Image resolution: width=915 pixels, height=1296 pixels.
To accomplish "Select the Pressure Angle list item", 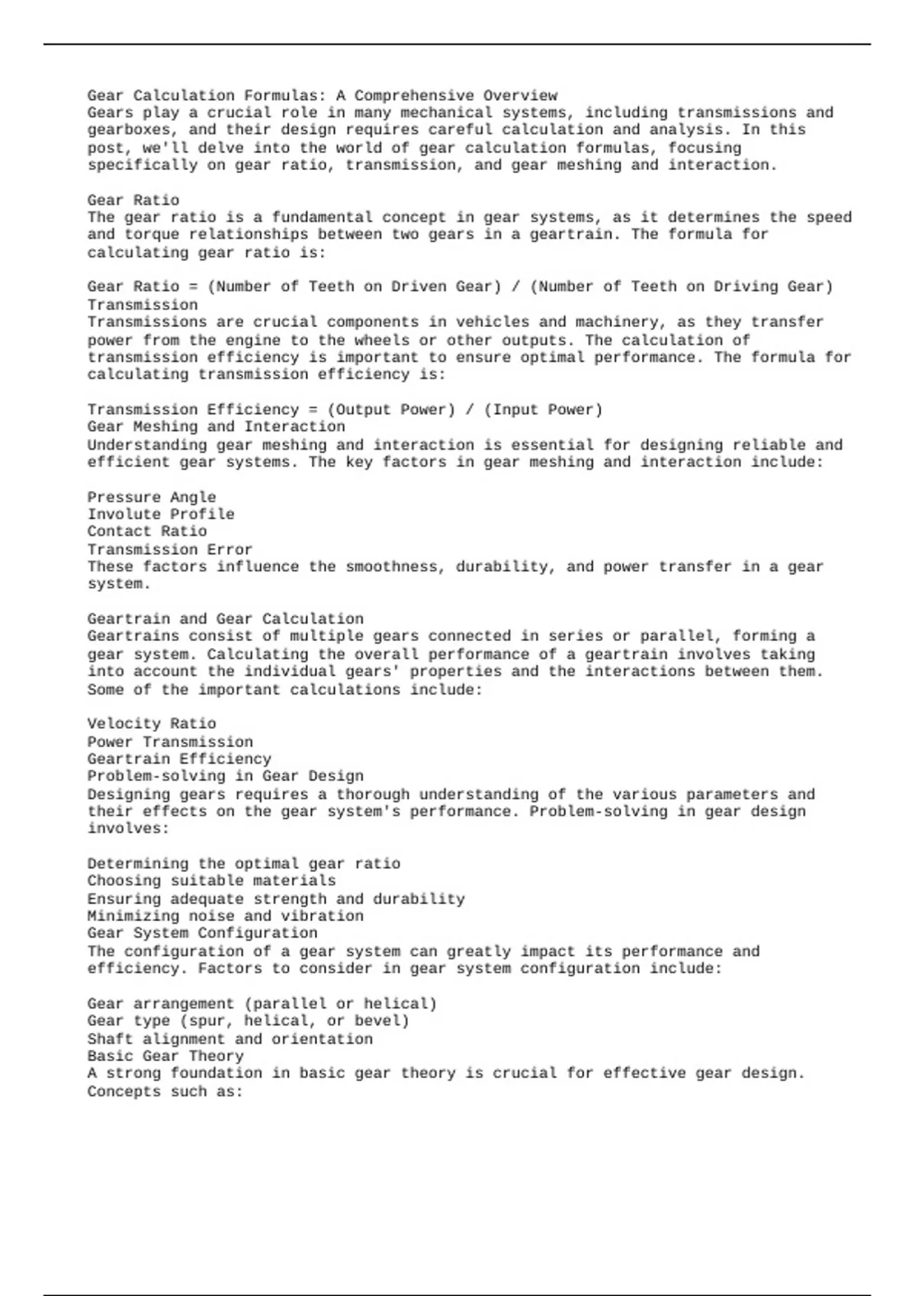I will (151, 498).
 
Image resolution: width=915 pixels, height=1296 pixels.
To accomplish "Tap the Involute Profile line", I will (160, 515).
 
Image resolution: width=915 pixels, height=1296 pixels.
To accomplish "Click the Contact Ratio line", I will (146, 531).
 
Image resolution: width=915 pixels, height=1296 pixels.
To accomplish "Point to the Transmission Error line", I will (169, 550).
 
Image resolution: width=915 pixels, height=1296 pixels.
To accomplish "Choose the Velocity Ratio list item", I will (151, 723).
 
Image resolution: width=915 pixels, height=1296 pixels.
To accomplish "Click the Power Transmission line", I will (169, 742).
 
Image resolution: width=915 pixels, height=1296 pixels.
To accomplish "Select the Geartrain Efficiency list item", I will (178, 759).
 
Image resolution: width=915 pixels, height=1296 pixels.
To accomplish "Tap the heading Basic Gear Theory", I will (165, 1057).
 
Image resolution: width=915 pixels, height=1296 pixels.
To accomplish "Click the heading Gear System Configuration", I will (201, 933).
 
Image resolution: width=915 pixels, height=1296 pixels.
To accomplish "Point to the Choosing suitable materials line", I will (210, 881).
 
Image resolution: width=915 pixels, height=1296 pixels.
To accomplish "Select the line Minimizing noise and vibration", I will (225, 916).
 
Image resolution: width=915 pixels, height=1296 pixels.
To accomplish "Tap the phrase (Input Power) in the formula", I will (543, 410).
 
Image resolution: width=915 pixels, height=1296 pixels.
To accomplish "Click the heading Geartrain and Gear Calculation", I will (225, 619).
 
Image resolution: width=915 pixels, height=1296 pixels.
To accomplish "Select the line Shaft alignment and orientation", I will (230, 1039).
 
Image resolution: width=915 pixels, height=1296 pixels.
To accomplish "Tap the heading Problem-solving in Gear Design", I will (225, 776).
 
